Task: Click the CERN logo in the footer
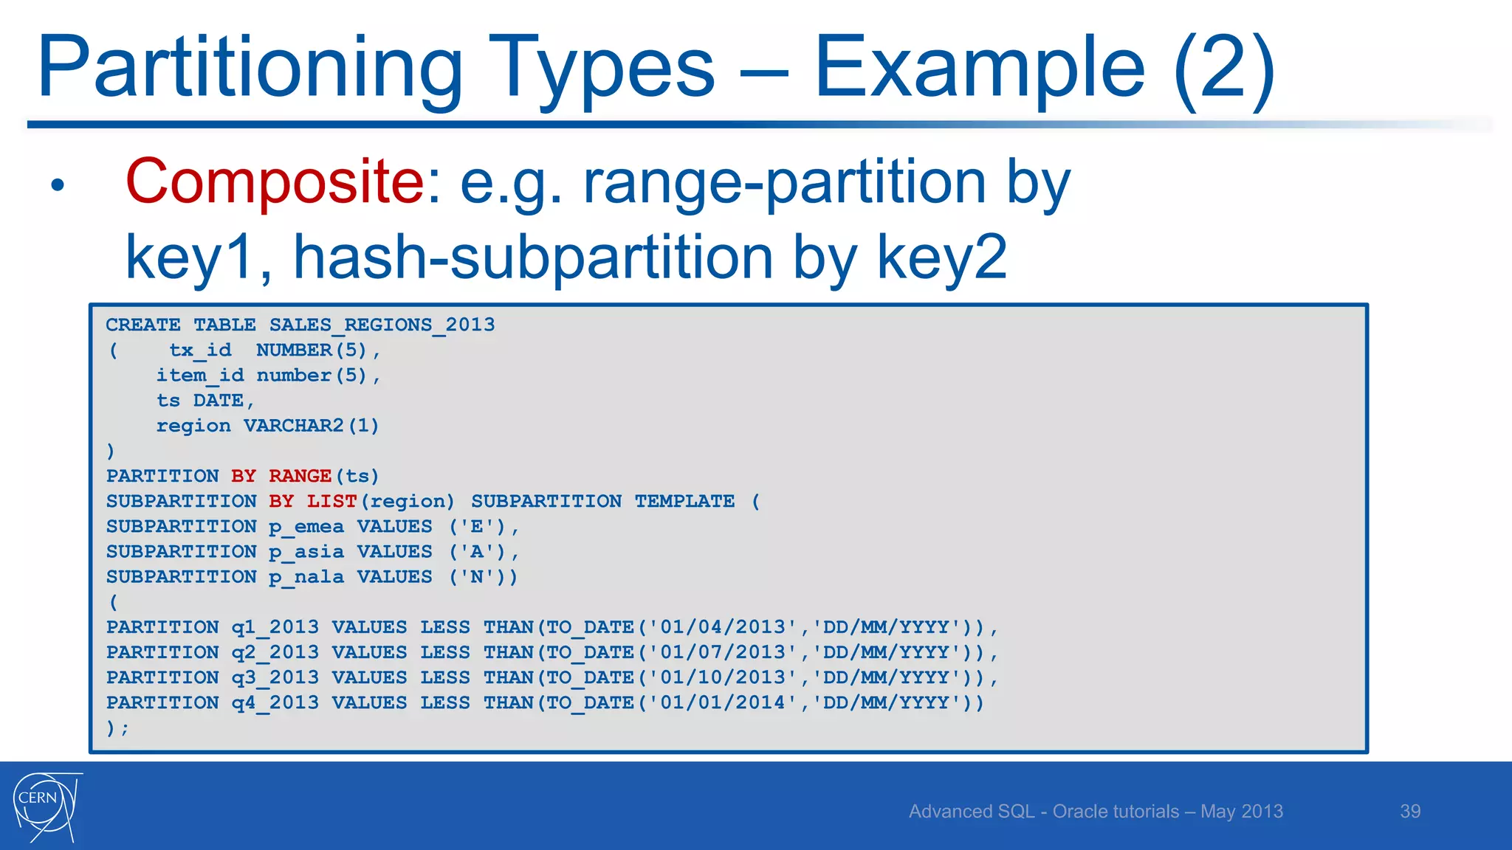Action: (x=47, y=806)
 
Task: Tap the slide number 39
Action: (x=1410, y=812)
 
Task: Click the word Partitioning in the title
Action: (x=250, y=68)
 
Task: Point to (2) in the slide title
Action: (x=1224, y=68)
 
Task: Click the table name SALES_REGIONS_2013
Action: (x=382, y=325)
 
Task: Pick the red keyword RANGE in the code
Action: (x=300, y=476)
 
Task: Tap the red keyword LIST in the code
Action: (x=331, y=501)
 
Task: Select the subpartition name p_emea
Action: (x=306, y=527)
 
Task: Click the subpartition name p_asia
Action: (x=306, y=552)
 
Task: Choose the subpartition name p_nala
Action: (x=306, y=577)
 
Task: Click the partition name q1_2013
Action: (x=275, y=627)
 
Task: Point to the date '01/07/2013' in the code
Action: (x=722, y=652)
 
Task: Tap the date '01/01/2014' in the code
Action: (x=722, y=702)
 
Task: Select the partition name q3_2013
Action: (x=275, y=677)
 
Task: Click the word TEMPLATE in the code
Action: (x=684, y=501)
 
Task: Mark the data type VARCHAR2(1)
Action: (x=311, y=426)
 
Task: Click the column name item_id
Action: (x=199, y=376)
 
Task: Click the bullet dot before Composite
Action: (x=58, y=184)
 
